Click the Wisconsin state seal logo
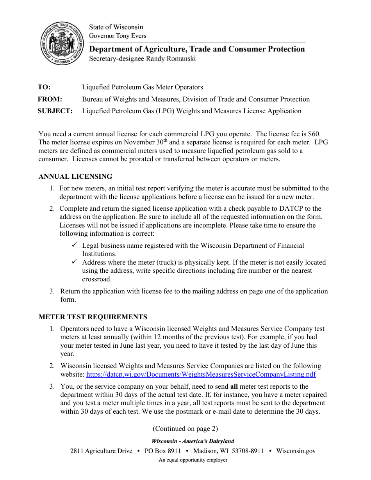pyautogui.click(x=62, y=43)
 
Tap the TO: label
pyautogui.click(x=44, y=87)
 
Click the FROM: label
pyautogui.click(x=50, y=99)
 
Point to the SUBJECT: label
pyautogui.click(x=55, y=111)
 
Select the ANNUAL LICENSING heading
pyautogui.click(x=75, y=177)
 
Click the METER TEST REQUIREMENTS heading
pyautogui.click(x=93, y=317)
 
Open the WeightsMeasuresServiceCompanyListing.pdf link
pyautogui.click(x=201, y=375)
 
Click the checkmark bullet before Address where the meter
pyautogui.click(x=75, y=262)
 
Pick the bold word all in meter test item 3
pyautogui.click(x=234, y=387)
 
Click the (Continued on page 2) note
pyautogui.click(x=185, y=428)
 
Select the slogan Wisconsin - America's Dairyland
pyautogui.click(x=193, y=441)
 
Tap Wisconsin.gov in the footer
pyautogui.click(x=296, y=451)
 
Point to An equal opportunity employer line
pyautogui.click(x=193, y=460)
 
